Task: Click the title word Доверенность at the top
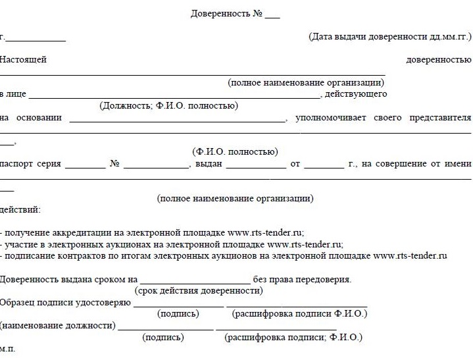tap(220, 14)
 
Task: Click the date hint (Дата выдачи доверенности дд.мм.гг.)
tap(390, 37)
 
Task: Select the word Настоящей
tap(24, 60)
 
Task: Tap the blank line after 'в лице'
tap(174, 96)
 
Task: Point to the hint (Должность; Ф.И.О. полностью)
tap(168, 105)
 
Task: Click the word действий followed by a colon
tap(20, 210)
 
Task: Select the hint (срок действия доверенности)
tap(199, 290)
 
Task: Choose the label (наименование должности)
tap(58, 326)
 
